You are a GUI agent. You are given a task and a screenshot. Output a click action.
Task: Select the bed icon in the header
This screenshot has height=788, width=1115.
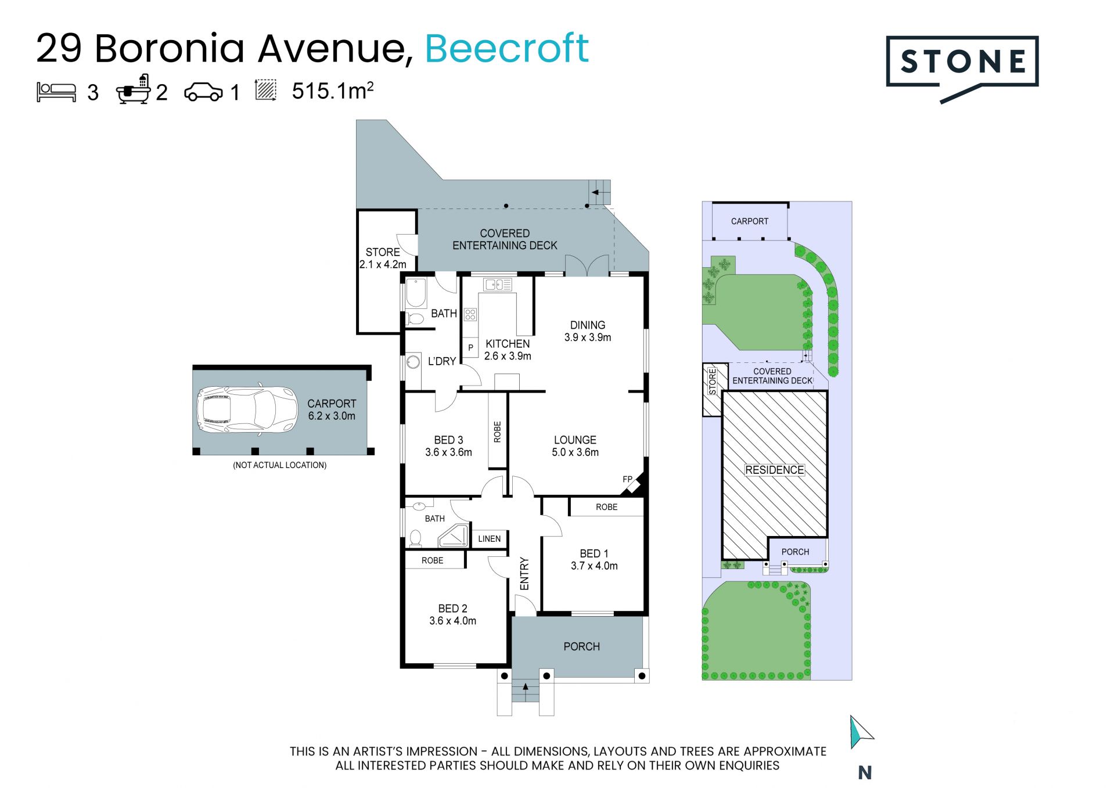point(56,92)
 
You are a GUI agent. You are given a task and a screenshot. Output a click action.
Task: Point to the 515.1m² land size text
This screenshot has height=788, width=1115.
point(333,91)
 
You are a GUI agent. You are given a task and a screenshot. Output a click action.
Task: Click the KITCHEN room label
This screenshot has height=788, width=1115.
point(508,344)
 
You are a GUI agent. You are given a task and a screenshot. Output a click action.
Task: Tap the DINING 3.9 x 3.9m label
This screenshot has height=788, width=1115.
point(588,331)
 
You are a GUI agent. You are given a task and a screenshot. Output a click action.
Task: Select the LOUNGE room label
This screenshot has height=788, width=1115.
point(575,440)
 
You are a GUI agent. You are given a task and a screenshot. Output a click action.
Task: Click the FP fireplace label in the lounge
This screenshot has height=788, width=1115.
point(627,479)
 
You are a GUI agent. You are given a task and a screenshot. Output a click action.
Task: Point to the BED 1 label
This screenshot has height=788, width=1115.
point(594,553)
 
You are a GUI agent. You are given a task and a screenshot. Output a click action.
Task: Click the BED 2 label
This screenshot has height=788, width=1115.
point(452,609)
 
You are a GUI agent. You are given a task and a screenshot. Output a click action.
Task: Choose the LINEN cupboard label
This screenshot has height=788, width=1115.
point(489,539)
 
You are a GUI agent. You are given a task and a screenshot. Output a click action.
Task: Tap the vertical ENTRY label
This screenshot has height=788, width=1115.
point(524,574)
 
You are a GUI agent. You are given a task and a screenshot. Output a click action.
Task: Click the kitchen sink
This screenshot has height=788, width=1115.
point(498,285)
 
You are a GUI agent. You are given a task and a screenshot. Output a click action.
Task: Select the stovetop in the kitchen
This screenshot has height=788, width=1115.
point(470,315)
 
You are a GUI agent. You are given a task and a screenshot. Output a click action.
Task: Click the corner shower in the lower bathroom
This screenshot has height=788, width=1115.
point(454,536)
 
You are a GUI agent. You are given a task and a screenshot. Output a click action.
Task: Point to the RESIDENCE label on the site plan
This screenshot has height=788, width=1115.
point(775,470)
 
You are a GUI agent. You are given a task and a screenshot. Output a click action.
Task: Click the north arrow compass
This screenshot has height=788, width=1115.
point(861,732)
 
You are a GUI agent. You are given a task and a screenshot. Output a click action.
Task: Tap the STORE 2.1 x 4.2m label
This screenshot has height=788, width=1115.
point(383,258)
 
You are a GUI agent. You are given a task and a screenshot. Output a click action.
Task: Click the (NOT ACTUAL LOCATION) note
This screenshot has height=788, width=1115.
point(280,465)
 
